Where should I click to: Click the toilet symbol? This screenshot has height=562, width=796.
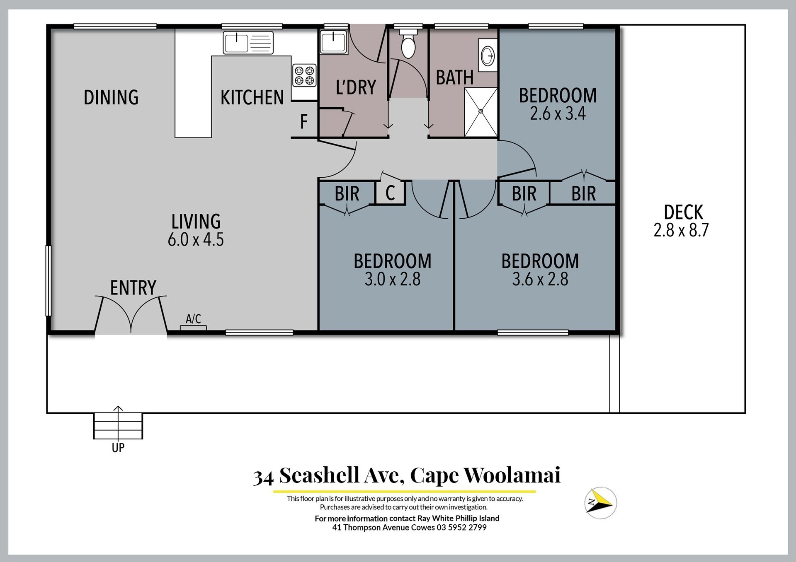point(408,43)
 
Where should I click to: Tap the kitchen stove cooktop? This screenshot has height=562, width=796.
point(304,75)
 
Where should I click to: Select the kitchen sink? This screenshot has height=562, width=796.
point(248,43)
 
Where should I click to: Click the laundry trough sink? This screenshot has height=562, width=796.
point(333,42)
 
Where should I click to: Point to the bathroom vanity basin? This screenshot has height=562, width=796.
point(488,55)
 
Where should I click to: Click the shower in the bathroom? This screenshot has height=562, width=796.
point(481,112)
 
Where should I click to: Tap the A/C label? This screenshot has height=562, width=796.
point(193,319)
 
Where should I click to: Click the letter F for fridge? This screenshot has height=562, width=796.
point(304,122)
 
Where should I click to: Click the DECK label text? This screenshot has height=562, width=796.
point(683,212)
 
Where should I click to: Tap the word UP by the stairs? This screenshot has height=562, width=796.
point(118,448)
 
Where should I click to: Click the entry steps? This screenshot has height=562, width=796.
point(118,426)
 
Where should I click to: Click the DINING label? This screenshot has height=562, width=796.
point(111,97)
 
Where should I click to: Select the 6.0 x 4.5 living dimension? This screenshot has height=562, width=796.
point(196,240)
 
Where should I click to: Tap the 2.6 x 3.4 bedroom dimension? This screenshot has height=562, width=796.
point(558,113)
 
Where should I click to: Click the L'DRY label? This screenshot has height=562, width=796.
point(356,87)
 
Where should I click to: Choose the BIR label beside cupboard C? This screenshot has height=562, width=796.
point(347,194)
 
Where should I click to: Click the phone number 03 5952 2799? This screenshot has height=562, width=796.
point(461,528)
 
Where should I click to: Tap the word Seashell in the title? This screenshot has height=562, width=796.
point(319,475)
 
